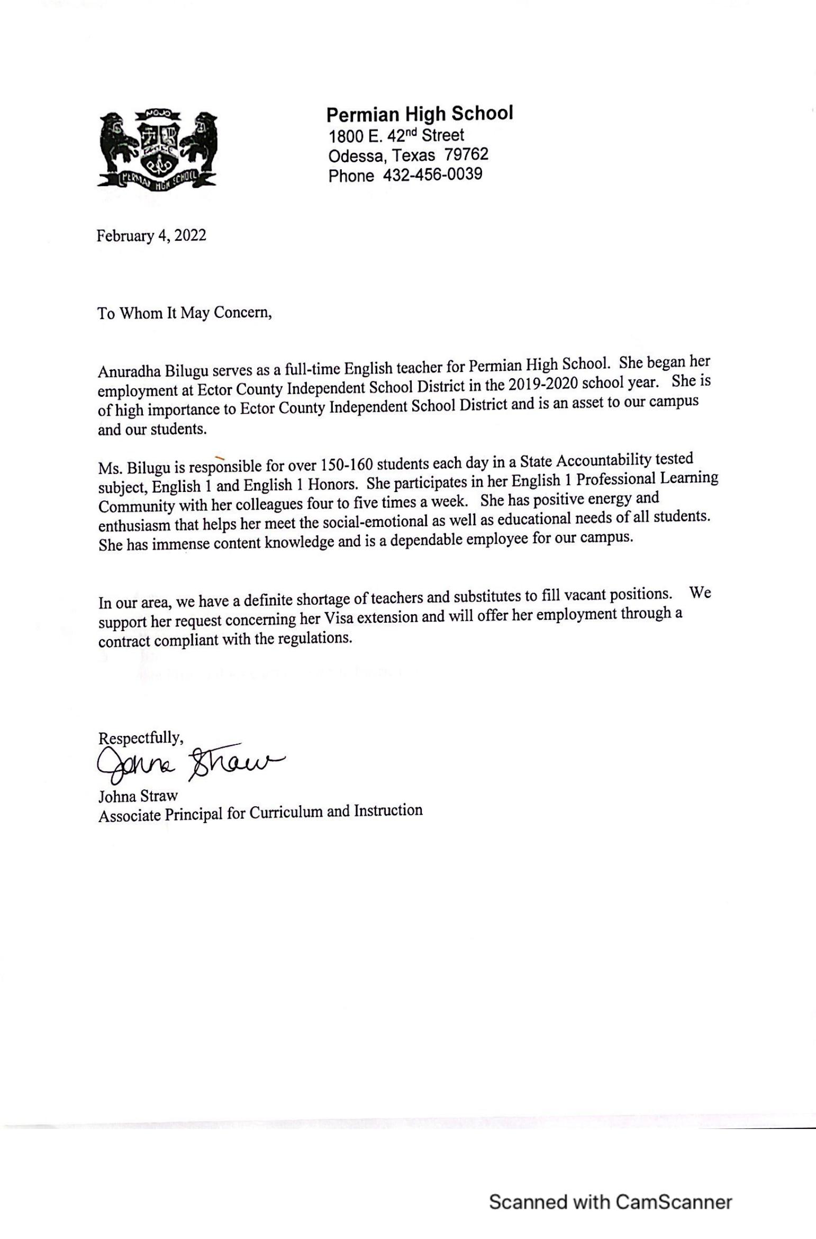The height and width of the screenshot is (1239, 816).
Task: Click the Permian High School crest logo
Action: (x=157, y=149)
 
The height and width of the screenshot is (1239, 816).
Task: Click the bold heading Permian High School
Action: (x=419, y=114)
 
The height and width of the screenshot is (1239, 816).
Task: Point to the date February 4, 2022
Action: (x=151, y=235)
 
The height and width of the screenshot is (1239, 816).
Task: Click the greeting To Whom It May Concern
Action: (x=184, y=313)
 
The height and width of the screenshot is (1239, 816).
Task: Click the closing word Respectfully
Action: (x=141, y=737)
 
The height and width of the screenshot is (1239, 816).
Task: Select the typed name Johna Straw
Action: (x=138, y=796)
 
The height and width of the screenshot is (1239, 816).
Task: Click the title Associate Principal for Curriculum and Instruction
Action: (x=260, y=813)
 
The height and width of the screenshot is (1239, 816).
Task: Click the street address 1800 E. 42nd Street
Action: (x=396, y=136)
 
